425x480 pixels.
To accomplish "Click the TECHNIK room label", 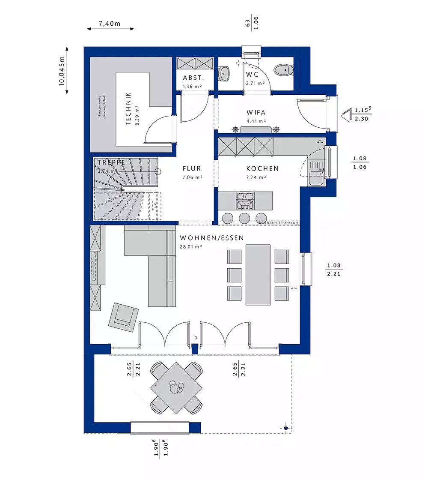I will (x=129, y=109).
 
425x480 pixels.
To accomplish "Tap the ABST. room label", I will (x=193, y=78).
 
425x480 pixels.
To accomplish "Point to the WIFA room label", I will (x=256, y=113).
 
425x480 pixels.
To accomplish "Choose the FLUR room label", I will (x=192, y=169).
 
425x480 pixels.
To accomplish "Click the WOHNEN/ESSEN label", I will (x=212, y=238).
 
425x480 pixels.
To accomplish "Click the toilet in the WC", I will (x=282, y=70).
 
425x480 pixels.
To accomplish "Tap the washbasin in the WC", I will (x=224, y=73).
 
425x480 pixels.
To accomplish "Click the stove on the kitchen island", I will (x=245, y=199).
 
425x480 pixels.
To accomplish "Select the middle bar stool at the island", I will (x=245, y=217).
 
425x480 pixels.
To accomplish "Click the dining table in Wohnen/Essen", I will (x=258, y=275).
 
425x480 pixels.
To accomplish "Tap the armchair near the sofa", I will (x=123, y=316).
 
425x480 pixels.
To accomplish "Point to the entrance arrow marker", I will (x=346, y=115).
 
